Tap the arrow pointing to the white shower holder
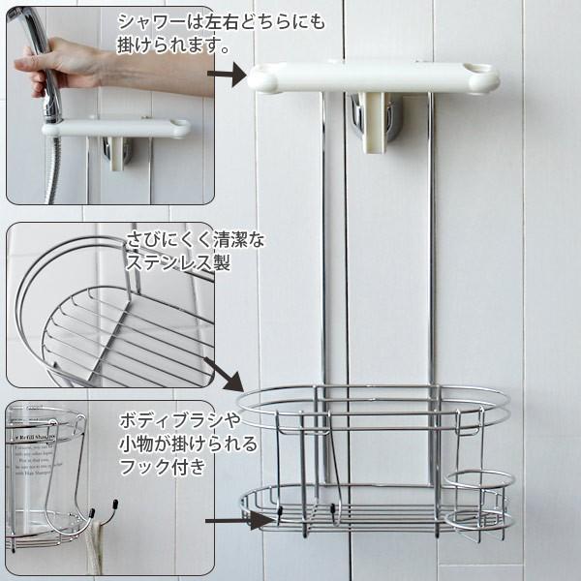[x=227, y=75]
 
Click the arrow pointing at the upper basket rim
[x=224, y=374]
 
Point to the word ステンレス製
[x=178, y=262]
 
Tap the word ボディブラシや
[x=180, y=420]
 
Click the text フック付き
[x=163, y=466]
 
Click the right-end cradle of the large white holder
[x=480, y=75]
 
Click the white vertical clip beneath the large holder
[x=374, y=122]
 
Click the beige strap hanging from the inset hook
[x=96, y=548]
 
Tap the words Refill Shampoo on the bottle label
[x=35, y=438]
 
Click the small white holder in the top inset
[x=116, y=128]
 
